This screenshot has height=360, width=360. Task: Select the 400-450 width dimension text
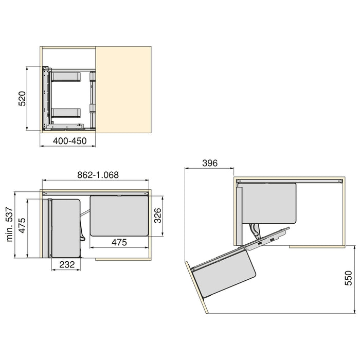pos(63,141)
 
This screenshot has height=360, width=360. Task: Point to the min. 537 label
pos(8,225)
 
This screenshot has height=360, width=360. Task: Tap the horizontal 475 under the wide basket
pos(119,241)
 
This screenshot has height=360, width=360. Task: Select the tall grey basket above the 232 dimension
pos(65,227)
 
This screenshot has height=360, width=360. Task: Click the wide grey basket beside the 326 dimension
pos(119,215)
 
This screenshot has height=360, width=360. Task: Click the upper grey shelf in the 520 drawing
pos(67,77)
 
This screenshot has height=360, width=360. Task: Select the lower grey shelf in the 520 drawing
pos(67,112)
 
